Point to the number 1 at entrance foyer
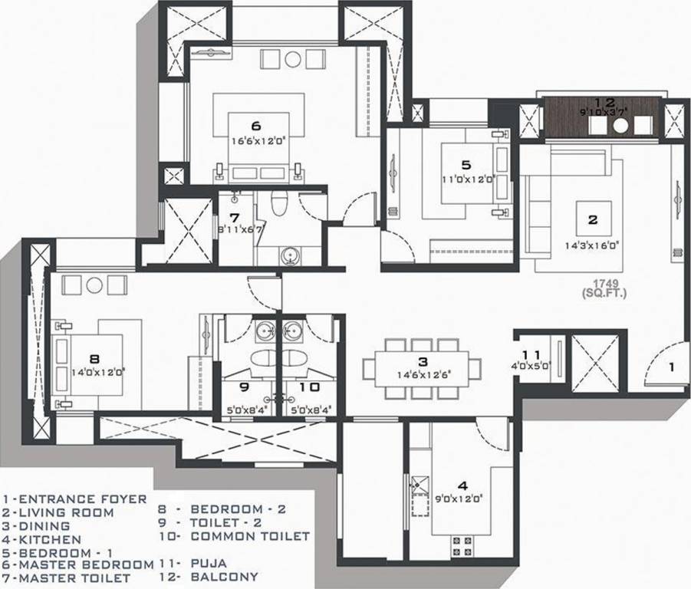[671, 367]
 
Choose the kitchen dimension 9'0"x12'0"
[462, 499]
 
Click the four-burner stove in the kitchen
[462, 546]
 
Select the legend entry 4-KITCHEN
[36, 540]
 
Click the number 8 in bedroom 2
[94, 357]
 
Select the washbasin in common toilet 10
[293, 331]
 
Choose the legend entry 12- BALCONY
[209, 577]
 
